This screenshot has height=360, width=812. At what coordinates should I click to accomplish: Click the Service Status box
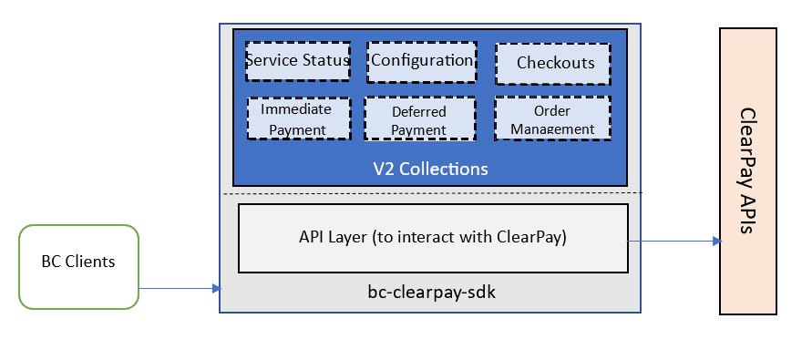(299, 62)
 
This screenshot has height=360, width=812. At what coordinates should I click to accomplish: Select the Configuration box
(421, 62)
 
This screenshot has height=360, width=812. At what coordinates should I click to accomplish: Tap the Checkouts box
(555, 63)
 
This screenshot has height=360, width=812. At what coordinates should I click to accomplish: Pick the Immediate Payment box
(299, 118)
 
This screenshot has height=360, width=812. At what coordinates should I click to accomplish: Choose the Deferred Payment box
(419, 119)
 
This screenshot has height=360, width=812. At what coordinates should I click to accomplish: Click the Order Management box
(552, 119)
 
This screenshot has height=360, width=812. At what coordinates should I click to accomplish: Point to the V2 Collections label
(430, 170)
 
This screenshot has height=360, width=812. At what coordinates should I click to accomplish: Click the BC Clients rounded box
(78, 262)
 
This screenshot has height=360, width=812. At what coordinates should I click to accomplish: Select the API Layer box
(433, 238)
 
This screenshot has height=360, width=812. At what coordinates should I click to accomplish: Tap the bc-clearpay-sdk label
(431, 294)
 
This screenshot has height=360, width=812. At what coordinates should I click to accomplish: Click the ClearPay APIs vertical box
(747, 170)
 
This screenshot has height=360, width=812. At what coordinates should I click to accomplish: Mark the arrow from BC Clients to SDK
(178, 288)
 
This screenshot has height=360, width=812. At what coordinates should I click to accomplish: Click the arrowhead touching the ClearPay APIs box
(714, 242)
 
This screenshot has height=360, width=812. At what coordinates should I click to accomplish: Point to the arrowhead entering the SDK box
(216, 288)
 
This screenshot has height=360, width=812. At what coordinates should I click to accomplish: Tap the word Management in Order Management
(553, 129)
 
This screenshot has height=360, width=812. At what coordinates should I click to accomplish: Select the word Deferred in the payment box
(419, 111)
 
